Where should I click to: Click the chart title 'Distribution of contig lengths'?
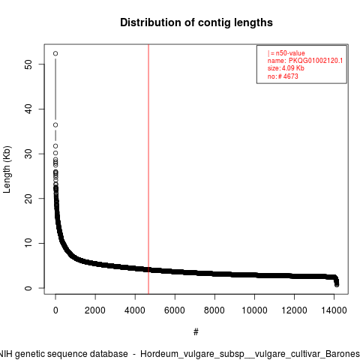pyautogui.click(x=196, y=22)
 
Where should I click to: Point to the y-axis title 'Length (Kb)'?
pyautogui.click(x=7, y=169)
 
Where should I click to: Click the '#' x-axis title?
pyautogui.click(x=196, y=332)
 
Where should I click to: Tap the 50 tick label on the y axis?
pyautogui.click(x=28, y=64)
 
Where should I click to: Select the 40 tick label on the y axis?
pyautogui.click(x=28, y=109)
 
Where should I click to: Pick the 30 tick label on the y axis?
pyautogui.click(x=28, y=154)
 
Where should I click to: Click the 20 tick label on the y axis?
pyautogui.click(x=28, y=199)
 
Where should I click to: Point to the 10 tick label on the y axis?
pyautogui.click(x=28, y=243)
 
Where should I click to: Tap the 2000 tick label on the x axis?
pyautogui.click(x=95, y=310)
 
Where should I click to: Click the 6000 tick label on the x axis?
pyautogui.click(x=175, y=310)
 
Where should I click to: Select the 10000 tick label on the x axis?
pyautogui.click(x=254, y=310)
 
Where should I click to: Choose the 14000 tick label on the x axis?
pyautogui.click(x=334, y=310)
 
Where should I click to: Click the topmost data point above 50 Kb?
pyautogui.click(x=55, y=53)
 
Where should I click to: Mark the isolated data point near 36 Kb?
pyautogui.click(x=55, y=125)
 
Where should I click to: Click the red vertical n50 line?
pyautogui.click(x=148, y=169)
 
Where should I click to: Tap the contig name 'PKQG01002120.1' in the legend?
pyautogui.click(x=316, y=61)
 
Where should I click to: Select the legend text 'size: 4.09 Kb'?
pyautogui.click(x=286, y=68)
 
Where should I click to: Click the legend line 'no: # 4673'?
pyautogui.click(x=283, y=76)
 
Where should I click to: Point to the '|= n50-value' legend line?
pyautogui.click(x=286, y=53)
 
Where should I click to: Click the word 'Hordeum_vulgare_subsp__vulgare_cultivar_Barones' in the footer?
pyautogui.click(x=250, y=354)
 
